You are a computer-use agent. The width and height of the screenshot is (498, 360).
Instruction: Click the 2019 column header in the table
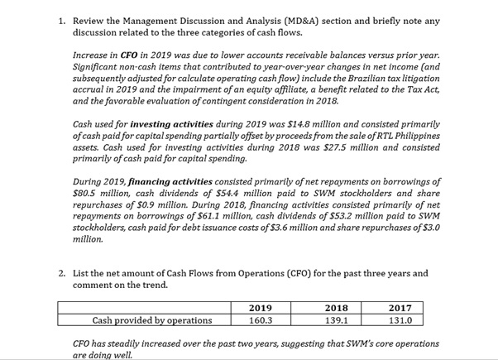point(261,308)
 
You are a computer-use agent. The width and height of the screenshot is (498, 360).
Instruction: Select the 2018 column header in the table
point(334,308)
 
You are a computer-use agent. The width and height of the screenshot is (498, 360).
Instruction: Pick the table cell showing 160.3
point(261,320)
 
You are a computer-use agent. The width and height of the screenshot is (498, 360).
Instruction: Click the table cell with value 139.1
point(334,320)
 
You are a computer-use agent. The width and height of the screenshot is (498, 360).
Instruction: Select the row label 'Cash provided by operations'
point(151,320)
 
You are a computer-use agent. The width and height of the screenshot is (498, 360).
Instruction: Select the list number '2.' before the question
point(63,273)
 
